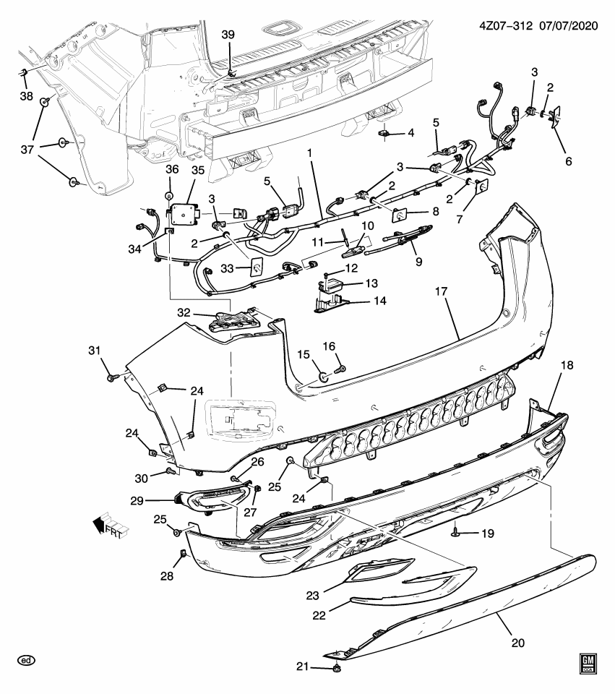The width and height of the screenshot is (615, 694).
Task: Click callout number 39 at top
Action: [x=228, y=35]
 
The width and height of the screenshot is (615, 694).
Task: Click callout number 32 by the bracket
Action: [x=184, y=313]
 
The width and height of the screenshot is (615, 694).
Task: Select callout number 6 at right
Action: [x=568, y=162]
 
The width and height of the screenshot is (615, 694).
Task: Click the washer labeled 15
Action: [x=322, y=375]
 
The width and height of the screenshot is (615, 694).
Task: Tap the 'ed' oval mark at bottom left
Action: [x=27, y=660]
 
